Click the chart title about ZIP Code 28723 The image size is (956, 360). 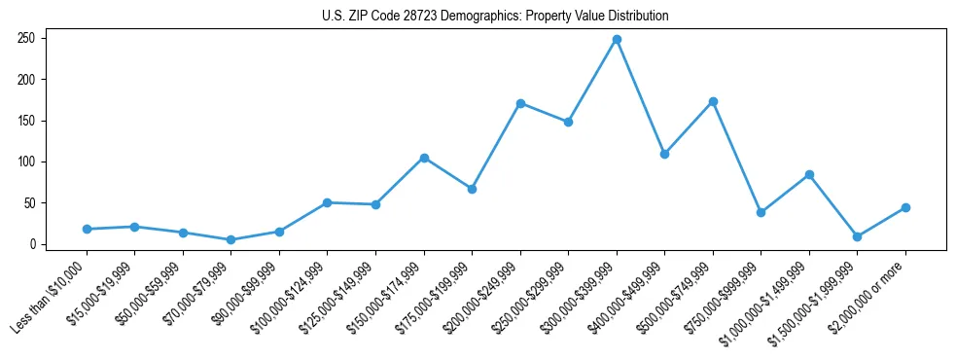tap(495, 17)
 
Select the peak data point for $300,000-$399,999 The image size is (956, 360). tap(617, 39)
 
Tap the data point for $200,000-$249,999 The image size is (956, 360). tap(520, 103)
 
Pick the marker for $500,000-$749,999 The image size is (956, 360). tap(713, 101)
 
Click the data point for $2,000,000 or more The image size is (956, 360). tap(905, 207)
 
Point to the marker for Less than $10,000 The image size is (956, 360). tap(87, 229)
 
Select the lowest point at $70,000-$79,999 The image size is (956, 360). tap(230, 239)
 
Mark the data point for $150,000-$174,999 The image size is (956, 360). tap(424, 158)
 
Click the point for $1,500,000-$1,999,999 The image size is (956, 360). tap(857, 236)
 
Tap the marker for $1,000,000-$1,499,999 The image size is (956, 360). tap(809, 174)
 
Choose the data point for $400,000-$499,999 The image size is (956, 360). tap(664, 154)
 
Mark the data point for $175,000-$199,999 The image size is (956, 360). tap(472, 189)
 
